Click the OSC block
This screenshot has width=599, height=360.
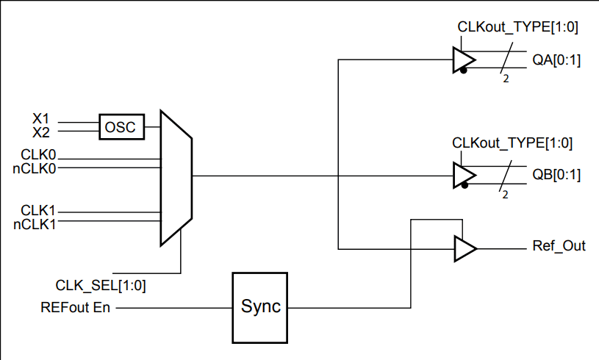pos(121,126)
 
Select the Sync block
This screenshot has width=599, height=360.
pos(261,307)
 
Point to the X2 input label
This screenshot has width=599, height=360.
pos(43,132)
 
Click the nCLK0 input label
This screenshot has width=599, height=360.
pos(35,168)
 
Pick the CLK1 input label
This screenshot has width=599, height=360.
pos(39,211)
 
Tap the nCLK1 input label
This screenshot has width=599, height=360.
pos(35,223)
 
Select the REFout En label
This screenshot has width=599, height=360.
pos(76,307)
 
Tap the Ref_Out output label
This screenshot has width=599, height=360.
pos(559,246)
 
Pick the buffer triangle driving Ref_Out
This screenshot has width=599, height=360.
pos(465,248)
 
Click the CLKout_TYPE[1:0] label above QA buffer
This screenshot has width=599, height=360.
pos(517,27)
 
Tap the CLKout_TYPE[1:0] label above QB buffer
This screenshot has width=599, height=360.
pos(513,143)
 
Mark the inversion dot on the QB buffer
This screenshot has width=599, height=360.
pos(464,187)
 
